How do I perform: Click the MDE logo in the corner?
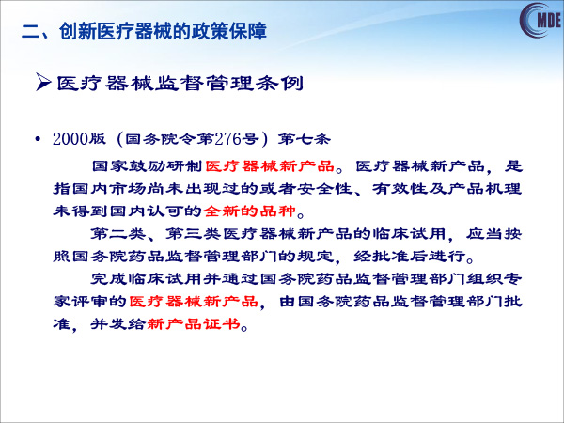coord(541,20)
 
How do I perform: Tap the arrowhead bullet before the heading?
coord(43,83)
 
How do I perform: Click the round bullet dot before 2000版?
coord(37,139)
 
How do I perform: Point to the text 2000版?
coord(79,139)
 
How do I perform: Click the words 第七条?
coord(304,139)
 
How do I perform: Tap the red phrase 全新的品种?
coord(250,211)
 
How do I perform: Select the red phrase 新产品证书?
coord(194,323)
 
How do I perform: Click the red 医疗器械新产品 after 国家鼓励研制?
coord(270,166)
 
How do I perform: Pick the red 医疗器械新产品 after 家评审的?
coord(193,302)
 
